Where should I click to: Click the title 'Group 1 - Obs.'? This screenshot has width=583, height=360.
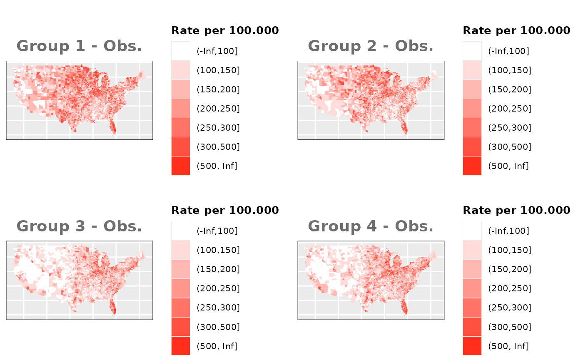[79, 46]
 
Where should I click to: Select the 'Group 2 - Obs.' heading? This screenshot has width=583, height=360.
[371, 46]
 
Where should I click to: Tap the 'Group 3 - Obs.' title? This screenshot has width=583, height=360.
[79, 226]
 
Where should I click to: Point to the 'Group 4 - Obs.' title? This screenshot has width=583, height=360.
[371, 226]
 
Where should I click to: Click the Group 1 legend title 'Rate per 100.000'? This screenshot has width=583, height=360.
[225, 30]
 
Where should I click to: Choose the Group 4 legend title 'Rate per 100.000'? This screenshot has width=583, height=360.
[516, 210]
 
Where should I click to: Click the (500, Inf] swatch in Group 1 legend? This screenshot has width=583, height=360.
[181, 166]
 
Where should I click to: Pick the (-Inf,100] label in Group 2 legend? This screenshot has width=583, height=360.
[508, 51]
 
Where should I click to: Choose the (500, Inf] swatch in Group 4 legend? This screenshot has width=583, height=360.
[472, 346]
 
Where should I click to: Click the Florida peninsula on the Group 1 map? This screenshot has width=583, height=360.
[112, 126]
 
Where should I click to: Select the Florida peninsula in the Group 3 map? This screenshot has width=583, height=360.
[112, 307]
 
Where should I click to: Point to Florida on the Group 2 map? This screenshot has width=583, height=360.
[404, 126]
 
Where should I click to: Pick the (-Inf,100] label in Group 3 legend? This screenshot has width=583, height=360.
[217, 231]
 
